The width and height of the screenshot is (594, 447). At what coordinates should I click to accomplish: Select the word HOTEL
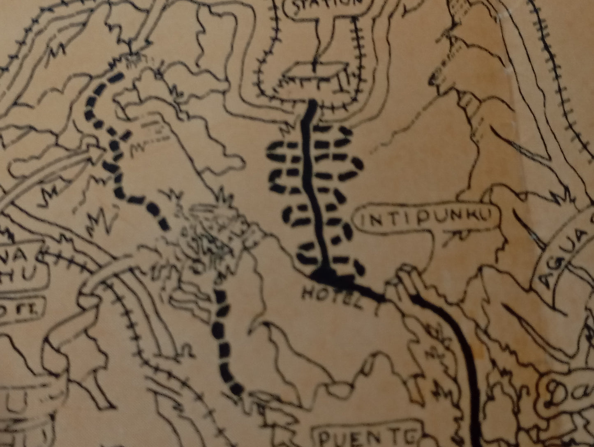[x=333, y=295]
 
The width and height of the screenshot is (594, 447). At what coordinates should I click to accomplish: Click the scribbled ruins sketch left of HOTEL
[x=206, y=238]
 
